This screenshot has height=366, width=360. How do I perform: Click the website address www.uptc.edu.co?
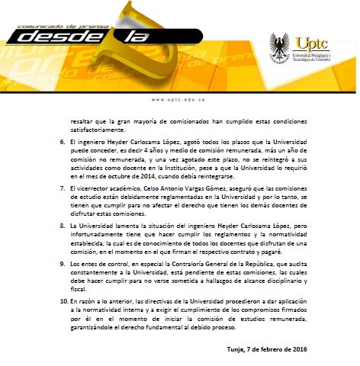point(180,99)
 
